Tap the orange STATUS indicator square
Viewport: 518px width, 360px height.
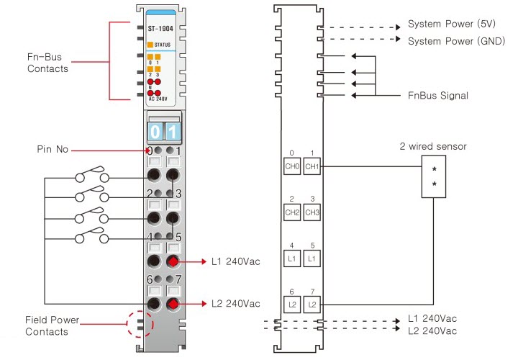coord(150,44)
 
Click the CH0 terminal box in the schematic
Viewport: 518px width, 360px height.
coord(291,166)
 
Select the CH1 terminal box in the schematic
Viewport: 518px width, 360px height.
coord(312,166)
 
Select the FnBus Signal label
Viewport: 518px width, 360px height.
coord(437,95)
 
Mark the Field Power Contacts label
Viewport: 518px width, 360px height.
coord(53,325)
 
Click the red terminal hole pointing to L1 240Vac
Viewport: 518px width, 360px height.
coord(173,261)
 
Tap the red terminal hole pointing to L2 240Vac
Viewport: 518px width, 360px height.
coord(173,305)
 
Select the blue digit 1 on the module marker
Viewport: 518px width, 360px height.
coord(173,132)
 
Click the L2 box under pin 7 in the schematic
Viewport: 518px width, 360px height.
coord(312,305)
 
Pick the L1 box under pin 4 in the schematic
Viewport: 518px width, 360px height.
coord(291,258)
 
